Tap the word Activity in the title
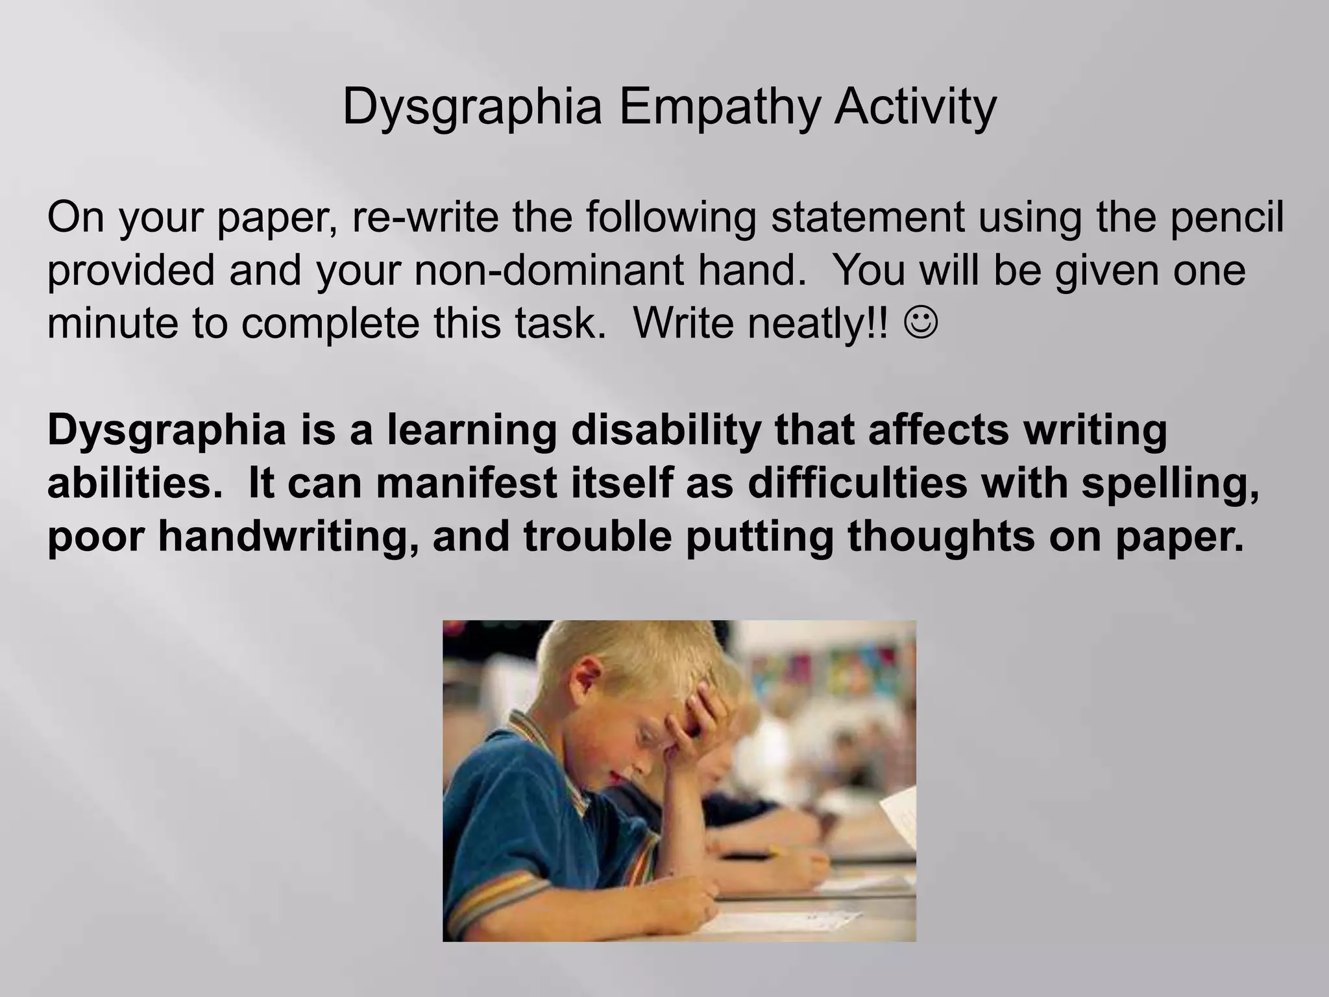[915, 107]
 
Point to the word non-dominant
[549, 271]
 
